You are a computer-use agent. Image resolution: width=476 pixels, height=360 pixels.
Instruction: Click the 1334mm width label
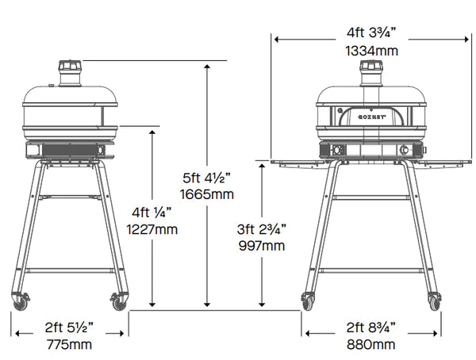[372, 51]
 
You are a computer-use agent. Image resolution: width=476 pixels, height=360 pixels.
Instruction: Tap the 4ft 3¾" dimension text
[371, 33]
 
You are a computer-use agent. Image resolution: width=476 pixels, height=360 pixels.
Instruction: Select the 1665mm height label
[207, 194]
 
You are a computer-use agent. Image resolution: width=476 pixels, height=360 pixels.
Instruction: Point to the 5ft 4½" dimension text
[207, 178]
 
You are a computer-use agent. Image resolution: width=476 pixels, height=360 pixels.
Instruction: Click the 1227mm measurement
[152, 229]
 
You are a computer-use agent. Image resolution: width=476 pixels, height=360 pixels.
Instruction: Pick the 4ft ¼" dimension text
[152, 213]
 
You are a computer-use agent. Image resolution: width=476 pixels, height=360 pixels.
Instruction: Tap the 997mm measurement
[262, 246]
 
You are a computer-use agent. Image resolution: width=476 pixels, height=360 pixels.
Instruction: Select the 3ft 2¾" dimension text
[262, 229]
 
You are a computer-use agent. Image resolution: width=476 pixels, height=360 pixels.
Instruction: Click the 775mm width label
[69, 344]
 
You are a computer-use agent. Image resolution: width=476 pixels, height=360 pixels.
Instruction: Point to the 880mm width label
[371, 344]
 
